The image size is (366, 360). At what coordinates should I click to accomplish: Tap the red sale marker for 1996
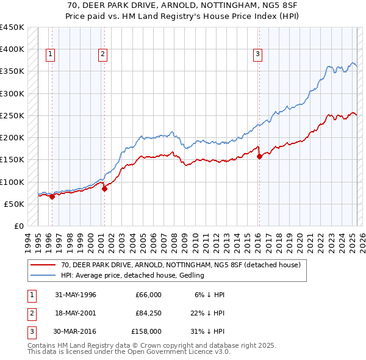click(52, 196)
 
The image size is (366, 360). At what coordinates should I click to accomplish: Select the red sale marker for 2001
click(104, 189)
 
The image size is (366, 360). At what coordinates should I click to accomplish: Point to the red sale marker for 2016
click(260, 156)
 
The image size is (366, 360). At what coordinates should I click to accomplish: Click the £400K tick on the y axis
click(13, 49)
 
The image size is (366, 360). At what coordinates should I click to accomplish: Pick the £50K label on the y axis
click(15, 204)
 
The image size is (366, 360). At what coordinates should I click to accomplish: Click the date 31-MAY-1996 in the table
click(76, 295)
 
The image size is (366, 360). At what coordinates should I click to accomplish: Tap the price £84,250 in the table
click(148, 313)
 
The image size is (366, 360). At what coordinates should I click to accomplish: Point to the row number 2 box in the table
click(30, 313)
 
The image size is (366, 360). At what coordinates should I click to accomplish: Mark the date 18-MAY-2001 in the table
click(76, 313)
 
